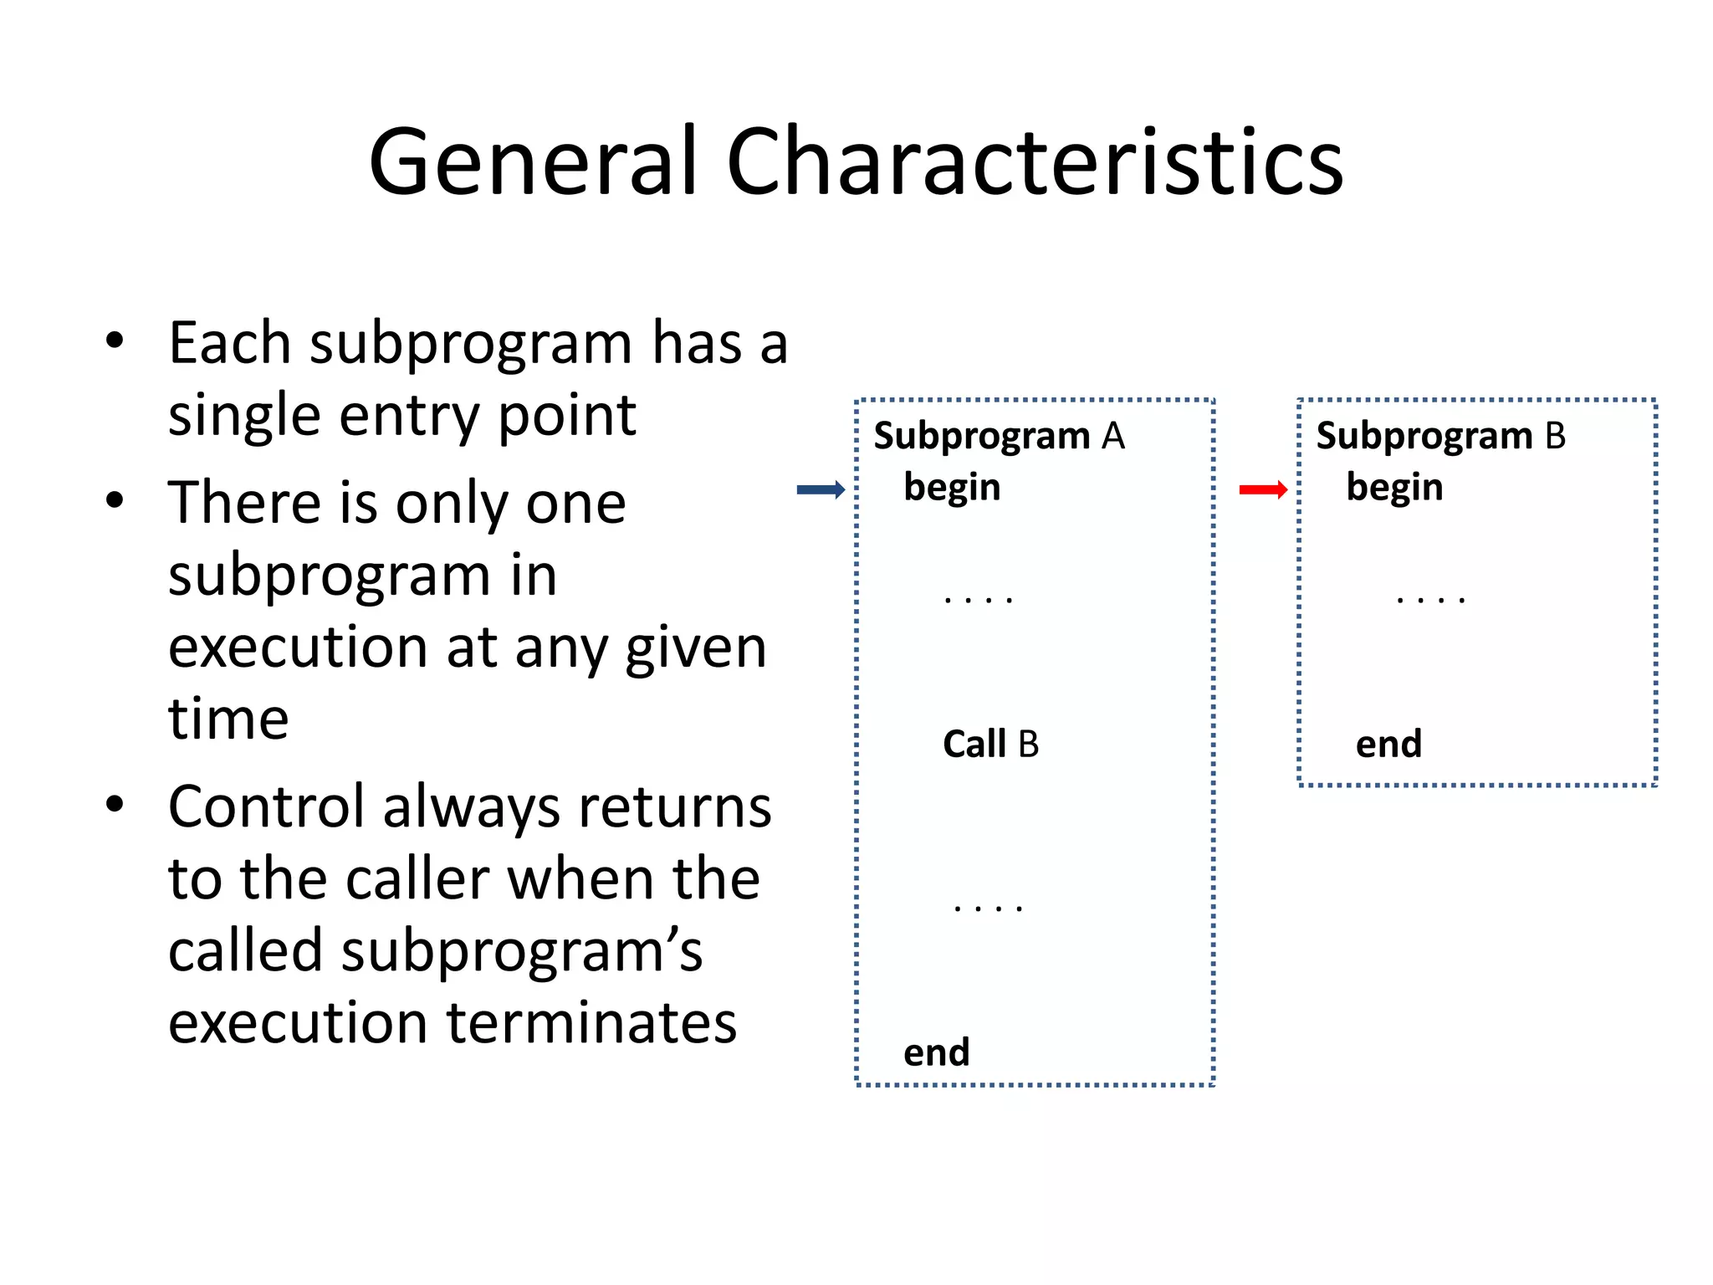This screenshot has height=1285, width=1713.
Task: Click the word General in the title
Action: (533, 162)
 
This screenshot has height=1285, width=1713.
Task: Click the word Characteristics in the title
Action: (1035, 162)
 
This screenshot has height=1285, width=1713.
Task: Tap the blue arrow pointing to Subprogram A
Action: (821, 490)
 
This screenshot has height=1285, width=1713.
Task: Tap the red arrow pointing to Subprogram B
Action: (1263, 490)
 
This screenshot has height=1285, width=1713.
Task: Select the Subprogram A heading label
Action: (999, 437)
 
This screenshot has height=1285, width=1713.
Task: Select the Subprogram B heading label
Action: (1440, 437)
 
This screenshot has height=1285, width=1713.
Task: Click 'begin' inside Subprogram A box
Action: (952, 488)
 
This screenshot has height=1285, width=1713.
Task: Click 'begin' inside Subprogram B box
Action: (1394, 488)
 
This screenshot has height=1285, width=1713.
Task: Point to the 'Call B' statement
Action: (990, 745)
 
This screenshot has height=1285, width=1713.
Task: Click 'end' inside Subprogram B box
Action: (1388, 745)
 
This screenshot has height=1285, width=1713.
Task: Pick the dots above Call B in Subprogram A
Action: (978, 600)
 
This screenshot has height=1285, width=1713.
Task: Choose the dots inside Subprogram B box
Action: (1430, 600)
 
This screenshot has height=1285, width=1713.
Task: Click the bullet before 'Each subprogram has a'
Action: (115, 341)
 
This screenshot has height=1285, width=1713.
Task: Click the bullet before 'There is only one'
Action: (115, 501)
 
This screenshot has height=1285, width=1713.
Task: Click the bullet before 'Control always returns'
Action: (115, 805)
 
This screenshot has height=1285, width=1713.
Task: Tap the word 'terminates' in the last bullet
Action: (591, 1023)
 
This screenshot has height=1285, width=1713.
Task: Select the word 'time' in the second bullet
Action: (228, 719)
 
